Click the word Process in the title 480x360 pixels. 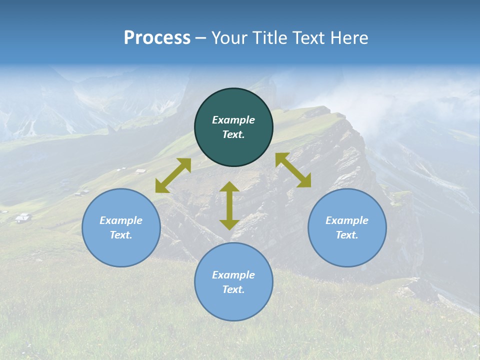(157, 38)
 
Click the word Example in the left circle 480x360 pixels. (121, 220)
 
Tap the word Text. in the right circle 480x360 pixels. (347, 235)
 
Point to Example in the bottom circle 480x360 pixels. (233, 275)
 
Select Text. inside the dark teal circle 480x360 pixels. (233, 134)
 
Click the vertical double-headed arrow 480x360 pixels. (229, 205)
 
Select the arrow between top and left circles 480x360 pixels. (173, 175)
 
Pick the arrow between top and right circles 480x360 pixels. (293, 170)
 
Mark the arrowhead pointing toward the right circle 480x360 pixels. (304, 181)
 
